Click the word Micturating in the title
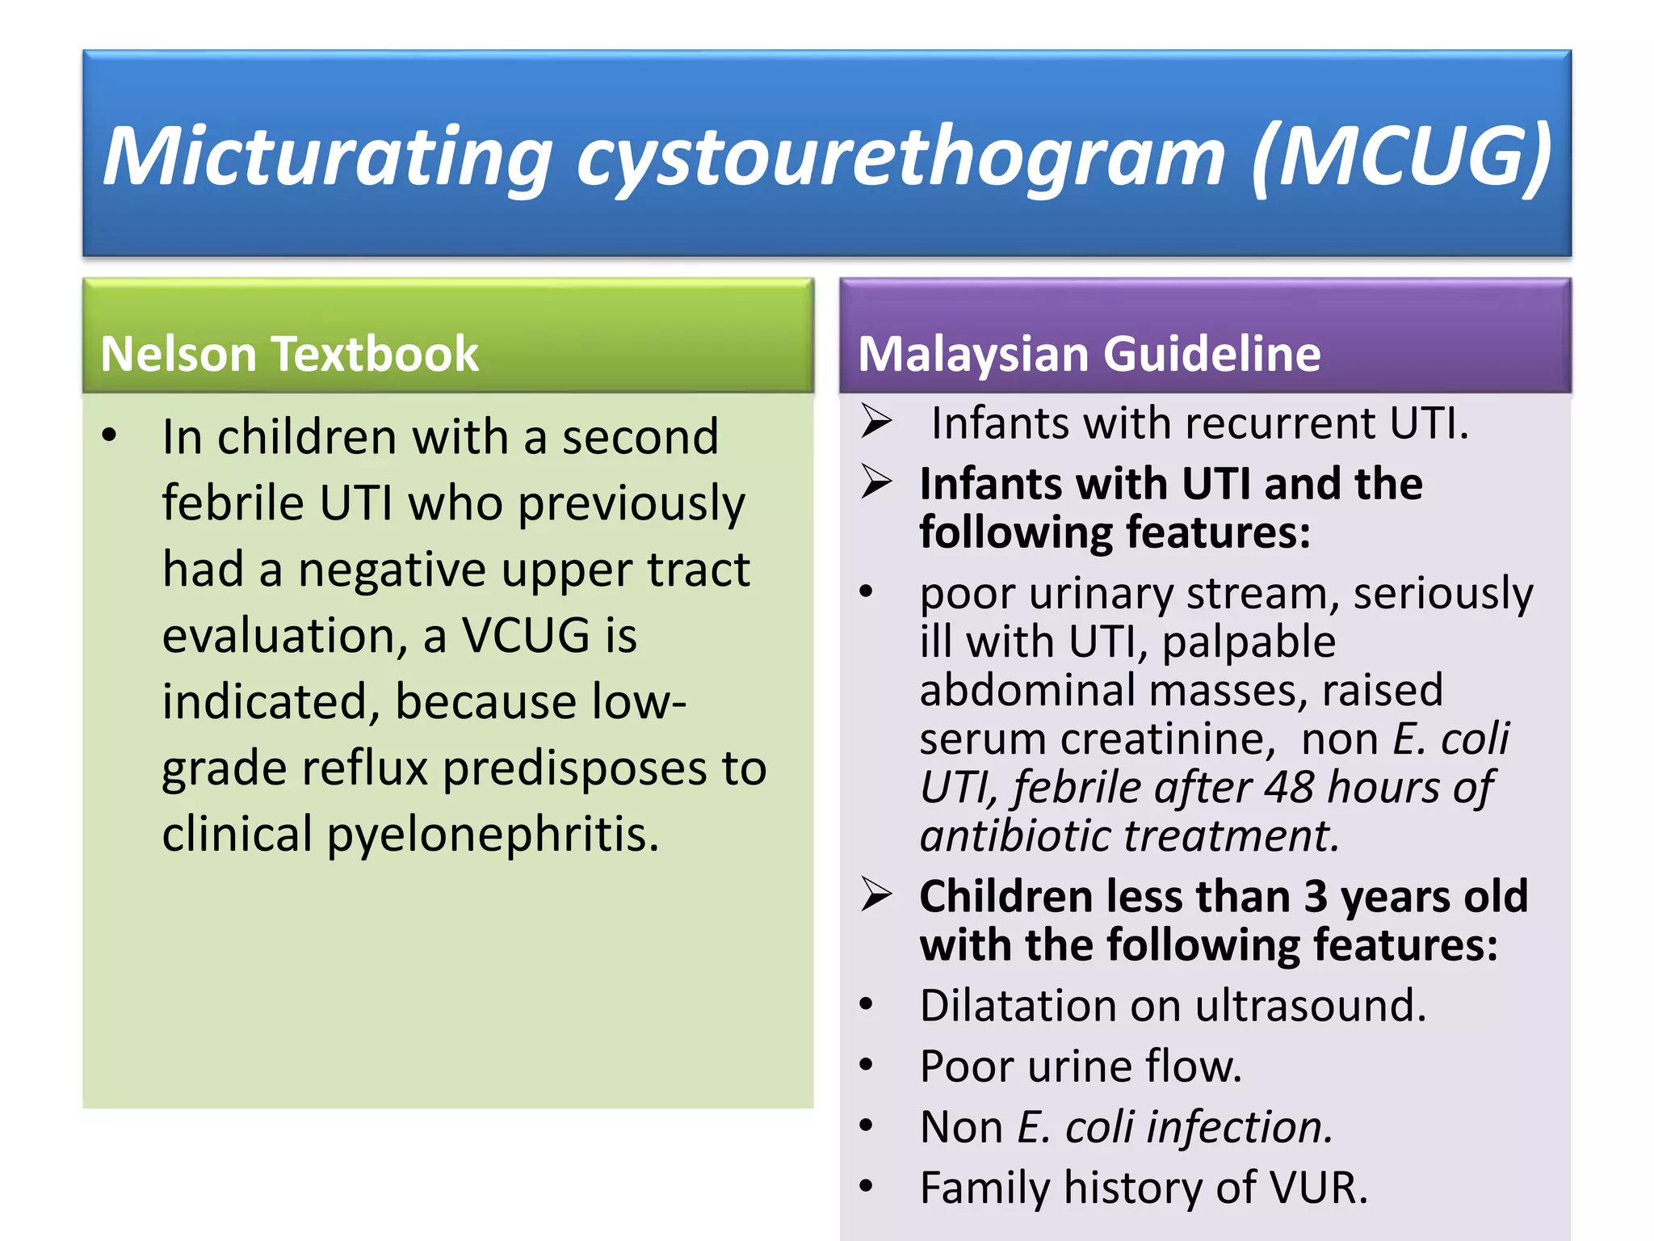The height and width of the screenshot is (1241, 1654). click(328, 157)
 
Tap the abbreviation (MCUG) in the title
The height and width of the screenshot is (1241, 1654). click(1401, 155)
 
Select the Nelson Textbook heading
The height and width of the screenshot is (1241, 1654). click(289, 354)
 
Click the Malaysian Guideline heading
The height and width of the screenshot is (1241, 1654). click(1089, 354)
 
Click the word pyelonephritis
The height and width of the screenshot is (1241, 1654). click(493, 834)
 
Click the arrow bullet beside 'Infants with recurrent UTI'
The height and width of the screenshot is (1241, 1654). click(876, 422)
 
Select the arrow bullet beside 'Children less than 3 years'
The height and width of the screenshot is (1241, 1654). click(876, 895)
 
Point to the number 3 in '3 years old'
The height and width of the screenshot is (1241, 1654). click(1316, 896)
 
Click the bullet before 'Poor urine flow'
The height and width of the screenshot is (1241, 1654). click(867, 1066)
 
